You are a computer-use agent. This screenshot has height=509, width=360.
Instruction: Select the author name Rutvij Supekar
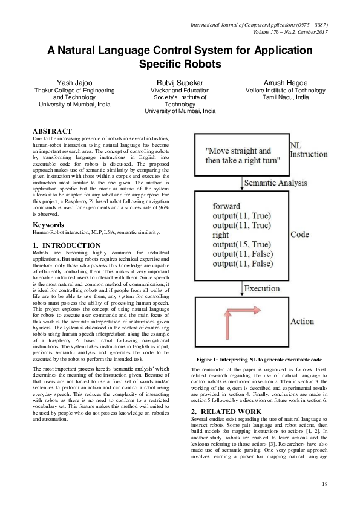click(x=180, y=82)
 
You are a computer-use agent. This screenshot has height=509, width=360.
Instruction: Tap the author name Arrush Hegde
click(x=286, y=82)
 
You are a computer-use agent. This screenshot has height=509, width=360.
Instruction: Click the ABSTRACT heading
click(x=52, y=131)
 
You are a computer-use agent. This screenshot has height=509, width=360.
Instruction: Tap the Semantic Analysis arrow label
click(x=276, y=182)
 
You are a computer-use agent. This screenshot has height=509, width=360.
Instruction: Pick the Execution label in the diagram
click(x=261, y=288)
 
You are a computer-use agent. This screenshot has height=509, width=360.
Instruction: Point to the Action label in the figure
click(x=303, y=322)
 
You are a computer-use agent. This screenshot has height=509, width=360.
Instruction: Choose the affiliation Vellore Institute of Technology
click(x=286, y=90)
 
